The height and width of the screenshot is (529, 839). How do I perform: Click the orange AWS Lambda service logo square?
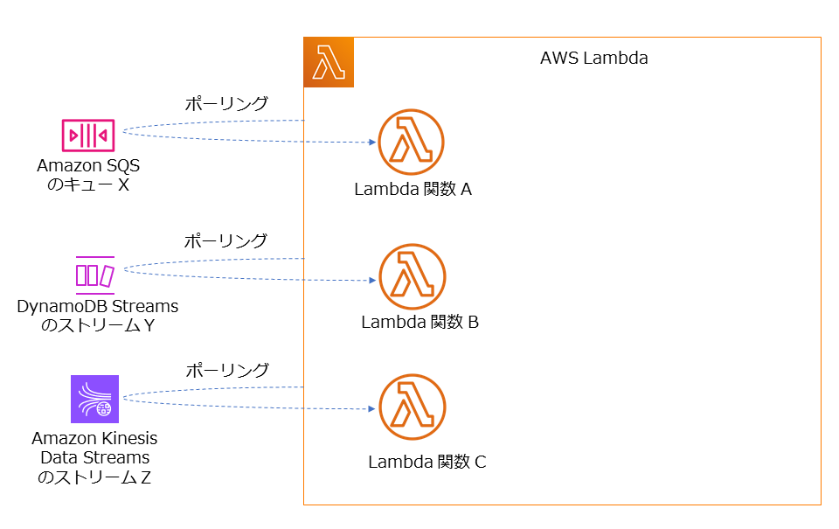(329, 62)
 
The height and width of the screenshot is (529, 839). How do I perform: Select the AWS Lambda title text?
(593, 59)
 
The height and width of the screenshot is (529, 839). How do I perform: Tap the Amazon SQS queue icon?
(88, 135)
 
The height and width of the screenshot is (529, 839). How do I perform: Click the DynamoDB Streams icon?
(94, 274)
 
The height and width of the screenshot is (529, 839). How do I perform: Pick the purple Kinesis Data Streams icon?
(94, 399)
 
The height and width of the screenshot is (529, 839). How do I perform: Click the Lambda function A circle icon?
(411, 142)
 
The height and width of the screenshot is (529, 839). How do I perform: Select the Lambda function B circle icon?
(412, 277)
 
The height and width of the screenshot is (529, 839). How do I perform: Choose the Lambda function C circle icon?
(412, 407)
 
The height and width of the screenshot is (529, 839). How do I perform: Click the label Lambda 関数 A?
(413, 189)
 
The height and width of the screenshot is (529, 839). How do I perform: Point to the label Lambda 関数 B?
(419, 322)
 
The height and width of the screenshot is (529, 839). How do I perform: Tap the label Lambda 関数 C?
(426, 462)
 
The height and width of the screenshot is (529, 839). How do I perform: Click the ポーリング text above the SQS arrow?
(225, 103)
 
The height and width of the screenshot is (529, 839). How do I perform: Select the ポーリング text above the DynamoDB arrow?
(225, 240)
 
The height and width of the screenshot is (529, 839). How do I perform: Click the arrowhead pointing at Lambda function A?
(371, 142)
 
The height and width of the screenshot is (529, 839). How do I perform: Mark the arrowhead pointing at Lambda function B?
(371, 281)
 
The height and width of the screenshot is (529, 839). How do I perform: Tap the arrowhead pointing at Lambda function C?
(371, 408)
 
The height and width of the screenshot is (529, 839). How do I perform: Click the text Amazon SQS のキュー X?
(88, 174)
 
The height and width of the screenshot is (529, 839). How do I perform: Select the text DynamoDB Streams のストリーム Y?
(97, 317)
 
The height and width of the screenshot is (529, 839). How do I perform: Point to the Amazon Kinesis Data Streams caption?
(94, 457)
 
